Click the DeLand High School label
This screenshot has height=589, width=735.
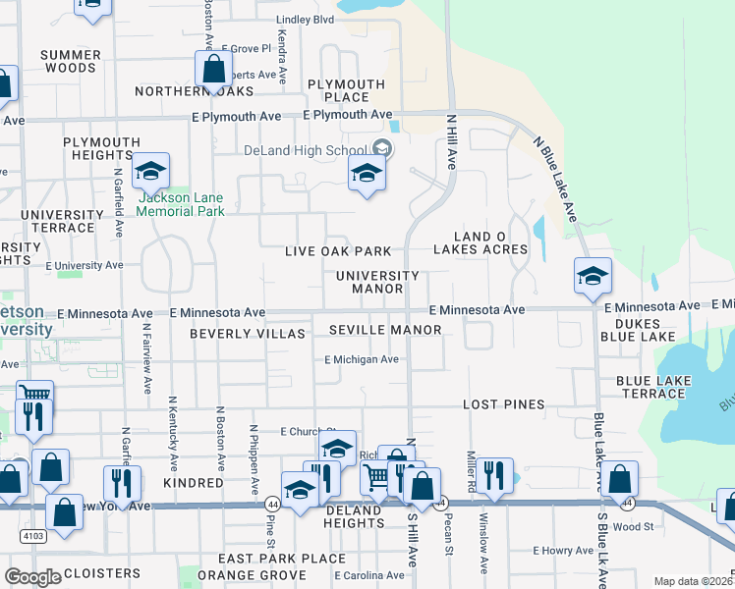click(305, 150)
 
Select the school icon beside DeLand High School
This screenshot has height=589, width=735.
click(367, 175)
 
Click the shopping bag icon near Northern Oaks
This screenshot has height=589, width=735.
click(213, 71)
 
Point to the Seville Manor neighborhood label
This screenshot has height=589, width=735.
click(385, 330)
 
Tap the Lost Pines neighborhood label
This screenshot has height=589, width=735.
click(503, 404)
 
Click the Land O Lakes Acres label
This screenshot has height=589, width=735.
click(490, 242)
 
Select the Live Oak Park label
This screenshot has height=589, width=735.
click(338, 252)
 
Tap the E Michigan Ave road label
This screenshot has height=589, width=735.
click(362, 359)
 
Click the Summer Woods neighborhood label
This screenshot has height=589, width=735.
click(72, 61)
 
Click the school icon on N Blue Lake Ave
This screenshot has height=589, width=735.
click(594, 277)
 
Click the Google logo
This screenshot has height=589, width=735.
click(32, 577)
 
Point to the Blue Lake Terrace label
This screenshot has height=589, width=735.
click(650, 387)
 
